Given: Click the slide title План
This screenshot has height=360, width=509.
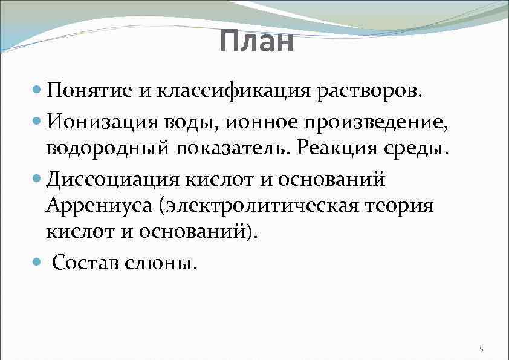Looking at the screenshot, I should (256, 42).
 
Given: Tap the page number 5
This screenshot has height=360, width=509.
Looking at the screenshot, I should (481, 349).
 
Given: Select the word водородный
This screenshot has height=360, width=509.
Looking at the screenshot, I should (106, 149).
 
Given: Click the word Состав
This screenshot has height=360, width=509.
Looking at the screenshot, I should (88, 263).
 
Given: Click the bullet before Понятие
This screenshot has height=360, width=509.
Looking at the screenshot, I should (37, 91).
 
